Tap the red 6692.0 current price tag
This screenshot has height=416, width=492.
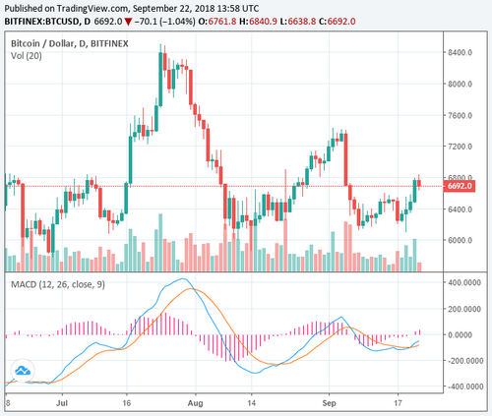click(460, 186)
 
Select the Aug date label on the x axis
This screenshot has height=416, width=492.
click(195, 403)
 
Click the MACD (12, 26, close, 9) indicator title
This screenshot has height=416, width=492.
click(58, 286)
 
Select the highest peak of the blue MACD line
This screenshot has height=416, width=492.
click(183, 280)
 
